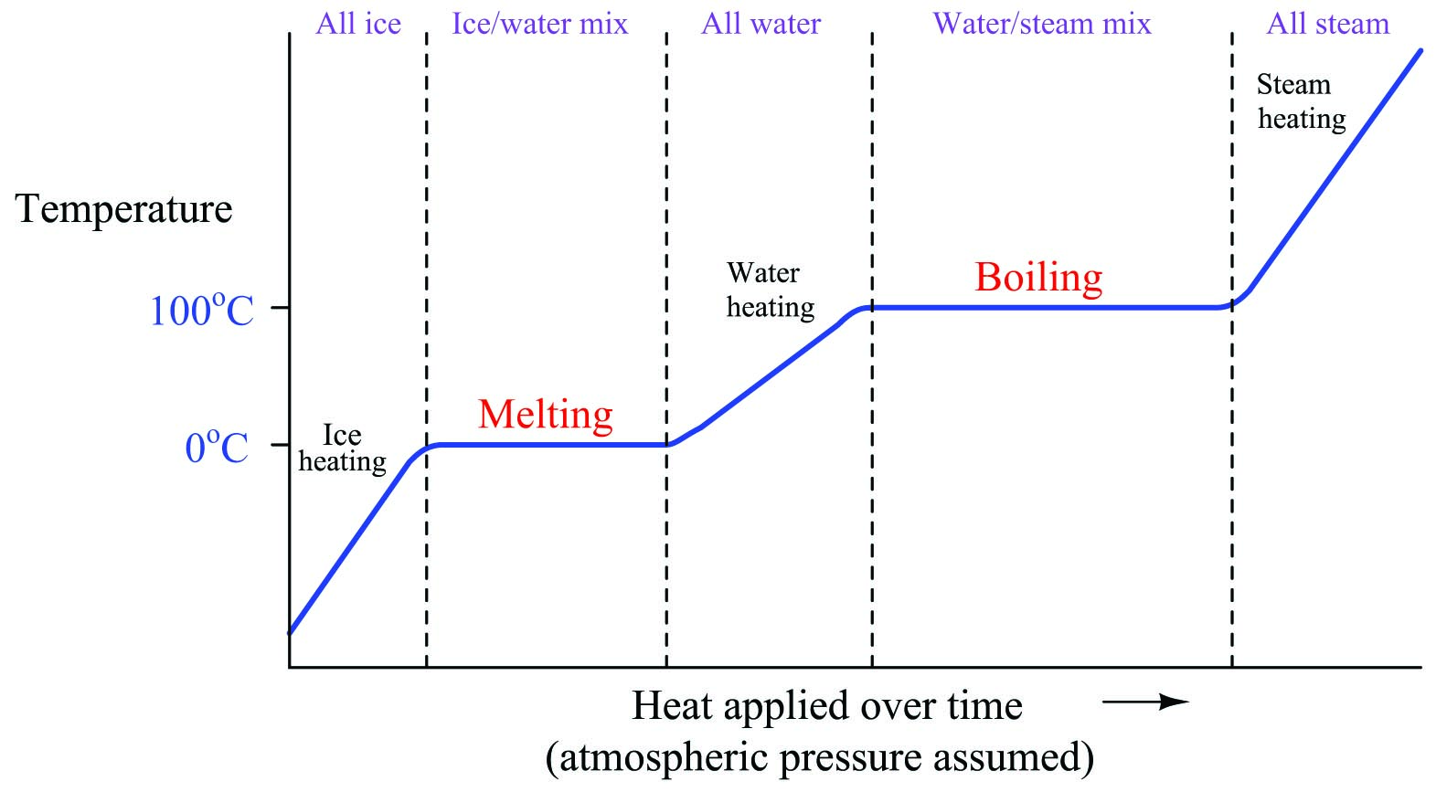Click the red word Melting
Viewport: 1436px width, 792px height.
pyautogui.click(x=546, y=415)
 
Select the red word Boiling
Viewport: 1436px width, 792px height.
pyautogui.click(x=1038, y=278)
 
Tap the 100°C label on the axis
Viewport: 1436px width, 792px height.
pyautogui.click(x=201, y=311)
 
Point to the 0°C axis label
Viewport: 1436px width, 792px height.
pyautogui.click(x=217, y=448)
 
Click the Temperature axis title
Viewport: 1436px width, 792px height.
pyautogui.click(x=124, y=209)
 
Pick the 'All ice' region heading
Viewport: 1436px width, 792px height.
pyautogui.click(x=358, y=24)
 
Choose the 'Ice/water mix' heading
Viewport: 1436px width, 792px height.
pyautogui.click(x=540, y=24)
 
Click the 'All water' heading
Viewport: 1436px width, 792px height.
pyautogui.click(x=761, y=24)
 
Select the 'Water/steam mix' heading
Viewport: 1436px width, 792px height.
pyautogui.click(x=1042, y=24)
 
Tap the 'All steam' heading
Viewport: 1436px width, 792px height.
pyautogui.click(x=1327, y=24)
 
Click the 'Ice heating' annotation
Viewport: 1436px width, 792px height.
pyautogui.click(x=342, y=449)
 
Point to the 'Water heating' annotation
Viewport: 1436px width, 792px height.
pyautogui.click(x=770, y=290)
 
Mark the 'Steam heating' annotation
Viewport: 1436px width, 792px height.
pyautogui.click(x=1301, y=101)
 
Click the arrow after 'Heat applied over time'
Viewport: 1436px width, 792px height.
pyautogui.click(x=1144, y=702)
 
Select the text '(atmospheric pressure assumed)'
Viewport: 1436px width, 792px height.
pyautogui.click(x=820, y=757)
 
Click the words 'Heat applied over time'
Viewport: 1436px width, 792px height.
pyautogui.click(x=826, y=706)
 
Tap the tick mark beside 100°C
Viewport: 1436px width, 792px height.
pyautogui.click(x=280, y=308)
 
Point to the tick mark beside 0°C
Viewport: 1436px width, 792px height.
pyautogui.click(x=280, y=445)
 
